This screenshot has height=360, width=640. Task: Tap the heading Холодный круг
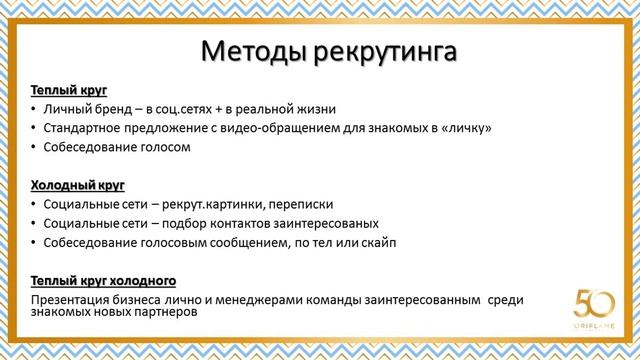77,185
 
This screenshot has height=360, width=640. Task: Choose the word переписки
301,204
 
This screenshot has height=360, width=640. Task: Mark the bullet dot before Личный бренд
34,109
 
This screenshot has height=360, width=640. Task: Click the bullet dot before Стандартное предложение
34,128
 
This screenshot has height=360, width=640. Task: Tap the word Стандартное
85,128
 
